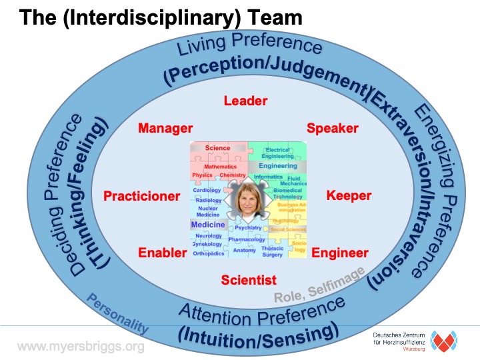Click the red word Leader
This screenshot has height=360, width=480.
coord(245,101)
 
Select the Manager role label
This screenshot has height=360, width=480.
coord(165,128)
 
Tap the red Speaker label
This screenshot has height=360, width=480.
coord(332,128)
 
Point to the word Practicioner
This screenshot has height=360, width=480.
coord(141,196)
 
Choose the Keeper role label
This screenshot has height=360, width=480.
coord(349,195)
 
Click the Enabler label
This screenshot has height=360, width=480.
coord(159,253)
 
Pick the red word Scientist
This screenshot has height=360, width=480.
coord(249,279)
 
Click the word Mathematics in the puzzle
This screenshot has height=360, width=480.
coord(220,166)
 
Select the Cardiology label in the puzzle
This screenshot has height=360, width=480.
coord(207,191)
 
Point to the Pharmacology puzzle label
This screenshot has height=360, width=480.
coord(247,239)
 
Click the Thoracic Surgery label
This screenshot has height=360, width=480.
coord(272,251)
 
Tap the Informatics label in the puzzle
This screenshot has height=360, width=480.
coord(268,177)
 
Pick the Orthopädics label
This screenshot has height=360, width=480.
coord(208,253)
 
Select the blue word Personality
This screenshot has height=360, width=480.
coord(117,314)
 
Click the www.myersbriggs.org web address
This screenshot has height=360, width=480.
coord(81,347)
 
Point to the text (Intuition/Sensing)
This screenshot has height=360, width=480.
coord(258,331)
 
